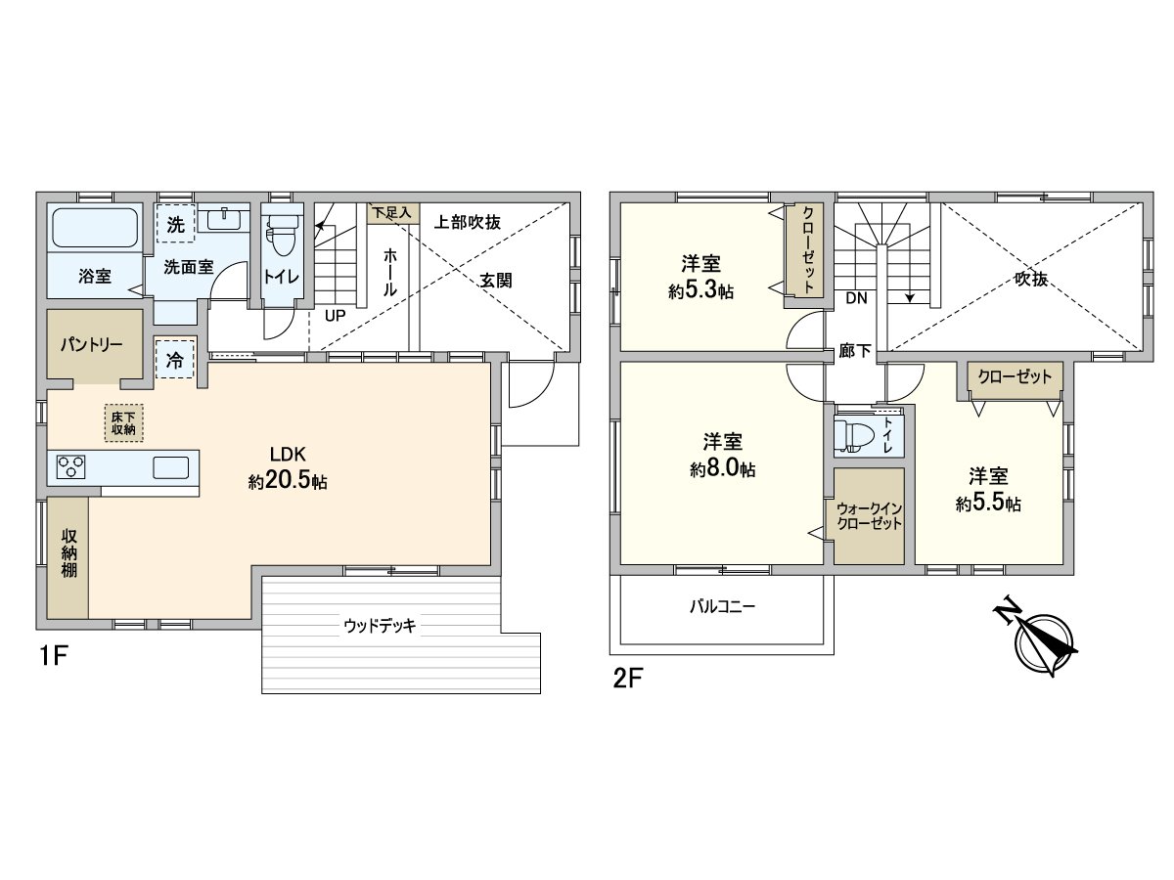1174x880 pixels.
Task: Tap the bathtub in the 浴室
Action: click(x=95, y=228)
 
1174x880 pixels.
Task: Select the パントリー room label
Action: click(x=91, y=346)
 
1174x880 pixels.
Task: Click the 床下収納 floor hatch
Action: click(x=122, y=421)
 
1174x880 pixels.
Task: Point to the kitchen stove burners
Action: click(x=71, y=467)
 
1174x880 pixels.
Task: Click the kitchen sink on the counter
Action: click(x=170, y=467)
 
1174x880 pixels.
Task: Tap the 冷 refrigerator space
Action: click(x=175, y=360)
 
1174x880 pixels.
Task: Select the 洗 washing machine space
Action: click(x=175, y=223)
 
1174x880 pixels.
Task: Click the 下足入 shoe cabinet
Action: click(x=393, y=210)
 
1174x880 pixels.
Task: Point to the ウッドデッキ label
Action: click(x=380, y=626)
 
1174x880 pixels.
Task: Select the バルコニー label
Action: click(x=722, y=606)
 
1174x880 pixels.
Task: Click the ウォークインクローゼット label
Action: click(x=869, y=515)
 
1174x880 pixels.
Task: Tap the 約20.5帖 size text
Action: click(x=288, y=481)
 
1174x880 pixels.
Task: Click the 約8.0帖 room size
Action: click(x=722, y=469)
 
